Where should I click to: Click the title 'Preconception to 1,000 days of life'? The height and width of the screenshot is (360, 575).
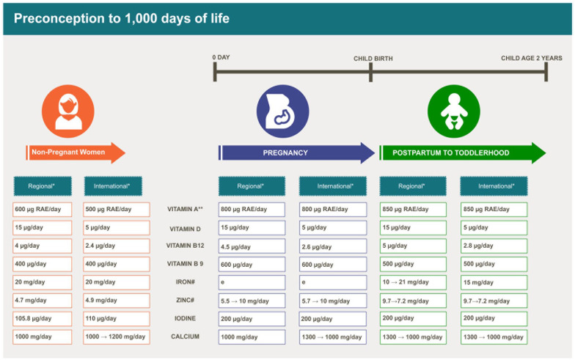pyautogui.click(x=122, y=18)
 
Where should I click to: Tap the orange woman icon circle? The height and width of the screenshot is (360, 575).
pyautogui.click(x=67, y=111)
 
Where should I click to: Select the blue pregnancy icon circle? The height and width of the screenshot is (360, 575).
pyautogui.click(x=282, y=111)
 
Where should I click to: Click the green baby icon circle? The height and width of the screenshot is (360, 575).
pyautogui.click(x=453, y=111)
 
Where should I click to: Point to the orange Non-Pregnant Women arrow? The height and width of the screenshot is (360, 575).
pyautogui.click(x=76, y=153)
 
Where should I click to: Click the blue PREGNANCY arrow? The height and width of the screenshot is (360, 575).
pyautogui.click(x=296, y=153)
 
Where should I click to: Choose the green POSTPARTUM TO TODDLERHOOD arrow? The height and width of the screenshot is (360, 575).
pyautogui.click(x=463, y=153)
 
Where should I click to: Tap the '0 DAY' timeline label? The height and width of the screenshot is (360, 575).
pyautogui.click(x=221, y=57)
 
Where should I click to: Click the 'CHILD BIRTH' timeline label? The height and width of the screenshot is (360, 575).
pyautogui.click(x=373, y=59)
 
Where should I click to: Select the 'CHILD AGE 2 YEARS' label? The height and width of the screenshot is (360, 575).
pyautogui.click(x=531, y=58)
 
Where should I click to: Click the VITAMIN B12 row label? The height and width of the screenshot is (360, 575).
pyautogui.click(x=185, y=246)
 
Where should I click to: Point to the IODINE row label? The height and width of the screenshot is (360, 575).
pyautogui.click(x=185, y=318)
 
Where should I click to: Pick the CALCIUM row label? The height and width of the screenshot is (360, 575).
pyautogui.click(x=185, y=337)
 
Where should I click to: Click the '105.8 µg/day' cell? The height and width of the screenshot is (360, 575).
pyautogui.click(x=43, y=318)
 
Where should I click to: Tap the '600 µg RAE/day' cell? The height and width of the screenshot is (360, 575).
pyautogui.click(x=43, y=210)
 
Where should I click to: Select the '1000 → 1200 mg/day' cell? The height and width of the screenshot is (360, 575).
pyautogui.click(x=116, y=337)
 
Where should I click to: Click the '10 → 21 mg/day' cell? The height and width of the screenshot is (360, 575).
pyautogui.click(x=413, y=282)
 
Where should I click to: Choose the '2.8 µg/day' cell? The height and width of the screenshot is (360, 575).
pyautogui.click(x=494, y=246)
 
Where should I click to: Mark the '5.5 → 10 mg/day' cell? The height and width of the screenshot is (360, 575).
pyautogui.click(x=252, y=301)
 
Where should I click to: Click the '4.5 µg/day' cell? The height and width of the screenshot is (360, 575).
pyautogui.click(x=252, y=246)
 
